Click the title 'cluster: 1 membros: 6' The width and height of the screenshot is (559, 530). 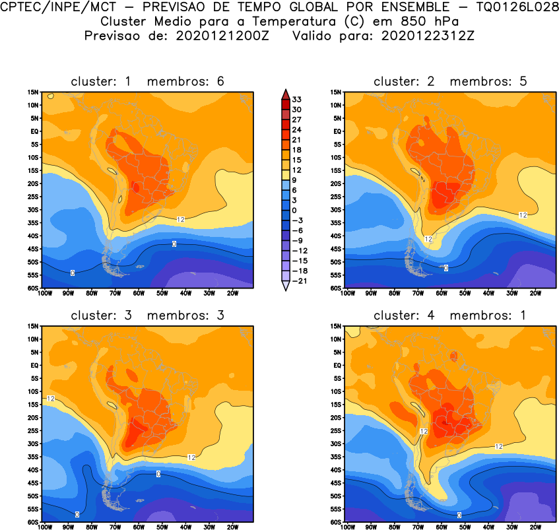point(147,81)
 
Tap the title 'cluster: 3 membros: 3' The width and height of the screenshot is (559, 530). point(147,315)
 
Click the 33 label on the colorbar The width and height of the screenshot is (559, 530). point(297,99)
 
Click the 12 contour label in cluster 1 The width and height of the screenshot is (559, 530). point(181,218)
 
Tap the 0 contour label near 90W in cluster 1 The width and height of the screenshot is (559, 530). point(71,272)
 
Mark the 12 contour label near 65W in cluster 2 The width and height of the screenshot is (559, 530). point(428,239)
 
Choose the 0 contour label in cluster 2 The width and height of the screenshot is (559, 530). point(445,267)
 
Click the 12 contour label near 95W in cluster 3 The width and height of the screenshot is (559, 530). point(50,399)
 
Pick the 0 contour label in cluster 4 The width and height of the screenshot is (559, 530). point(459,515)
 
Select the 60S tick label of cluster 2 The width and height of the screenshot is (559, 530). point(335,288)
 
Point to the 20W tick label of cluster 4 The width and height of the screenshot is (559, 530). point(535,527)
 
